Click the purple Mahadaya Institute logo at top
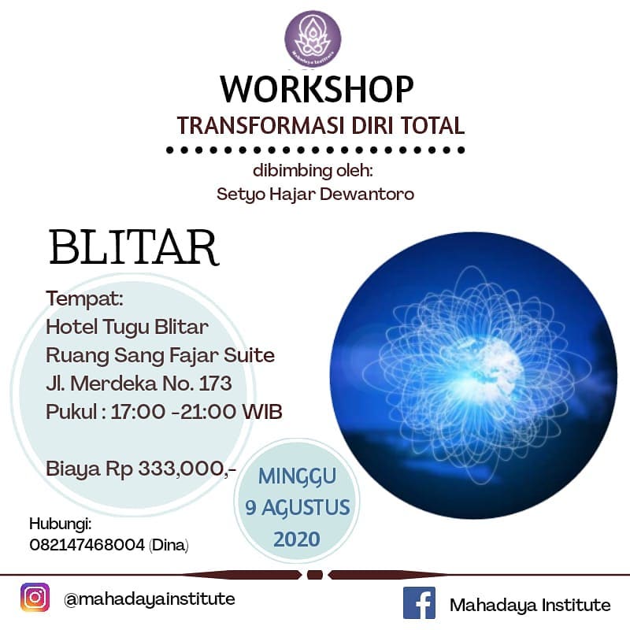[313, 39]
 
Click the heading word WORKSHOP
[317, 89]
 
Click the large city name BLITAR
[133, 247]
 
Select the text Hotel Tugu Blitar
[128, 328]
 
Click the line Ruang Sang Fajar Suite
[161, 355]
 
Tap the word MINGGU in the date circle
[298, 476]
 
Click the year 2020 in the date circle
[296, 539]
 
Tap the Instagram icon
[34, 597]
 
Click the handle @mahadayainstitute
[149, 598]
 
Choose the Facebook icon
[419, 604]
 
